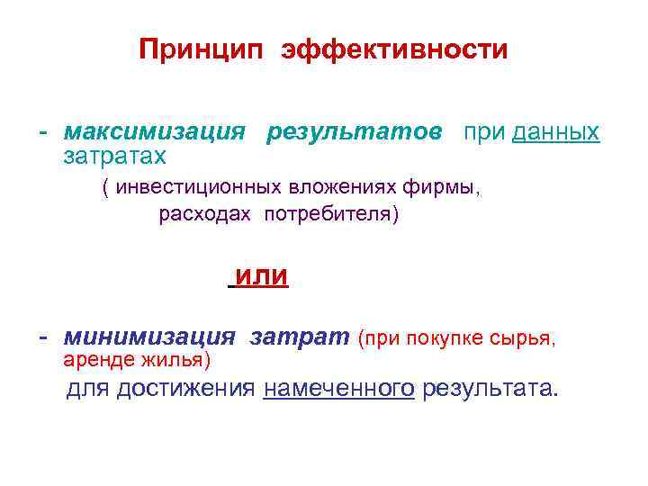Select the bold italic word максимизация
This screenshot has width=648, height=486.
click(154, 132)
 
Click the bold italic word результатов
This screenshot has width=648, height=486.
click(354, 132)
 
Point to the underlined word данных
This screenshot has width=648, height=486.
click(555, 133)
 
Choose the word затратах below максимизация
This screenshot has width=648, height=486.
click(114, 157)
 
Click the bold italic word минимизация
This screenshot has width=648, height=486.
click(149, 337)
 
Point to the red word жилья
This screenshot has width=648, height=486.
click(180, 362)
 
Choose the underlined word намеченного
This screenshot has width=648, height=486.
click(339, 389)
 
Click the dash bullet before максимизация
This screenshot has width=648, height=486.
click(42, 132)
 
